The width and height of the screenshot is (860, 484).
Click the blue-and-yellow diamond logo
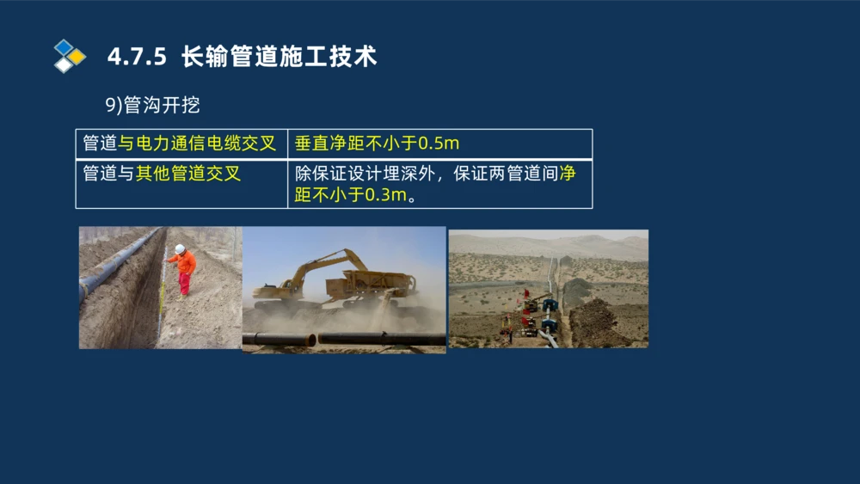click(x=69, y=55)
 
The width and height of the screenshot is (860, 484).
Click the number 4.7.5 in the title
click(x=138, y=57)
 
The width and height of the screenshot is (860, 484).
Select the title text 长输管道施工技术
click(x=279, y=57)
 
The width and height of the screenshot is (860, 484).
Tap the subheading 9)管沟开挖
click(x=152, y=105)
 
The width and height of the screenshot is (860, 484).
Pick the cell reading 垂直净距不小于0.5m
click(x=377, y=143)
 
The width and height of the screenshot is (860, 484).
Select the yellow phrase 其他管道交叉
click(x=188, y=174)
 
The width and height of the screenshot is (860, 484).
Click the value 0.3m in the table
click(x=384, y=195)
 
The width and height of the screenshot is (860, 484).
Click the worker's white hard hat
click(x=180, y=248)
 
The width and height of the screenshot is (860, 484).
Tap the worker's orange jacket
click(x=183, y=262)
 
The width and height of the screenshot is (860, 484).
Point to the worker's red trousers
click(x=184, y=283)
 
